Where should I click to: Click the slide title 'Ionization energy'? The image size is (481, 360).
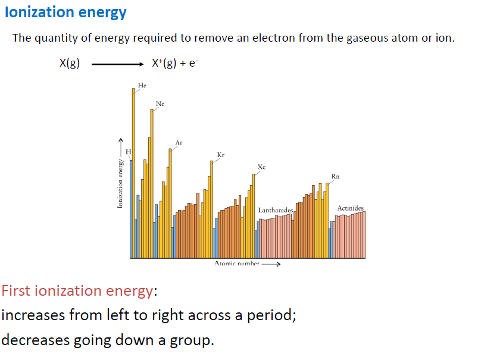(65, 12)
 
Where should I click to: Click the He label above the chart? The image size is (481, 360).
(142, 86)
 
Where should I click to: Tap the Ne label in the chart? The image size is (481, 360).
(160, 104)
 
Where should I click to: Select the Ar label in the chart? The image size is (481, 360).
(179, 143)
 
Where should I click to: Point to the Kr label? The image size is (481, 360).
(221, 155)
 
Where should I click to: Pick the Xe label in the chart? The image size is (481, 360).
(261, 167)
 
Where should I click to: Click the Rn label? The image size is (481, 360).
(336, 177)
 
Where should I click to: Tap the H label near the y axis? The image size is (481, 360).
(127, 153)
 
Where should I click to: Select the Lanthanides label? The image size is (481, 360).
(276, 211)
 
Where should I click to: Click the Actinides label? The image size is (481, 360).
(350, 208)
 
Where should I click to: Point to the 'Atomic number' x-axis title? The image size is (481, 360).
(237, 263)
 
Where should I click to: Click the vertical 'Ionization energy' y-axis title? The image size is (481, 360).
(120, 184)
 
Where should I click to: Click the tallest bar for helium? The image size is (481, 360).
(133, 173)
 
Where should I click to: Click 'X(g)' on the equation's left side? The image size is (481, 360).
(70, 64)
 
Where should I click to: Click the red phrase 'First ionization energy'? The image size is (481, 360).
(77, 291)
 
